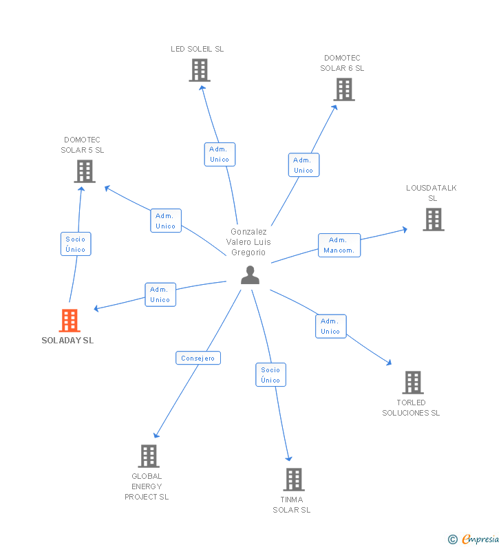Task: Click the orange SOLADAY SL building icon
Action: [x=70, y=321]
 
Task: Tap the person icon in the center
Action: [x=250, y=275]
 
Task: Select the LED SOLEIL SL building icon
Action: [x=199, y=70]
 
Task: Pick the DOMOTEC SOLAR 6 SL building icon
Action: [x=343, y=89]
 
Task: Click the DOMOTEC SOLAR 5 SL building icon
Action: [x=85, y=171]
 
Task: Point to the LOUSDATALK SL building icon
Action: [x=433, y=219]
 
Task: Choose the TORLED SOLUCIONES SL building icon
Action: [x=412, y=383]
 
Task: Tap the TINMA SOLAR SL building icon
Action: [x=293, y=480]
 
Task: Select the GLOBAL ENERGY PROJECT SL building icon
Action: [x=148, y=455]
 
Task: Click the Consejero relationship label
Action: [x=198, y=358]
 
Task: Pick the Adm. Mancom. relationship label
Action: [x=339, y=245]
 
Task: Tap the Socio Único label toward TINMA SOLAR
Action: [x=270, y=375]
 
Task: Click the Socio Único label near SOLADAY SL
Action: [x=76, y=244]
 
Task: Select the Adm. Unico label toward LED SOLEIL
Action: [x=220, y=154]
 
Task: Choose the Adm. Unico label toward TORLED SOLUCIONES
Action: [x=330, y=326]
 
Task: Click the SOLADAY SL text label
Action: [x=67, y=341]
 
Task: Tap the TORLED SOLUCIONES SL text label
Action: [x=411, y=407]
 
